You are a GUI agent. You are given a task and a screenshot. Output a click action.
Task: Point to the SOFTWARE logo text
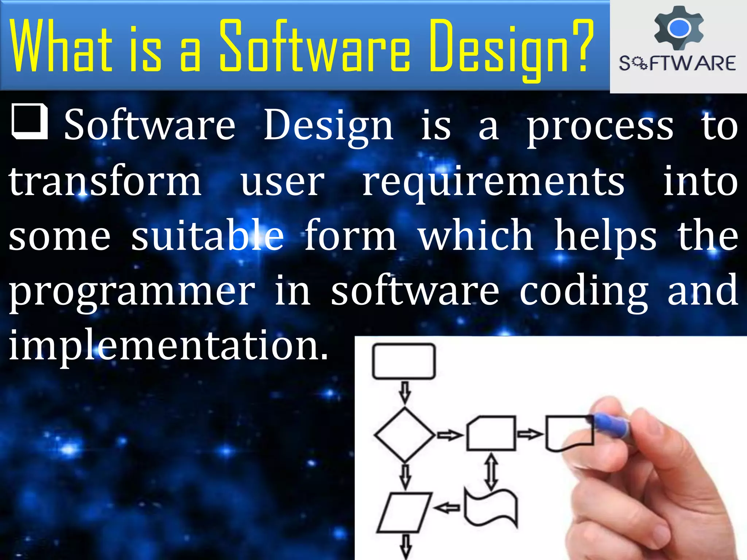(677, 63)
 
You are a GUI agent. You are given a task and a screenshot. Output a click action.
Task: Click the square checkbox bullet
(30, 122)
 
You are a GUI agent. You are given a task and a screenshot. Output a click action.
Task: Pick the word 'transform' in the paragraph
(105, 181)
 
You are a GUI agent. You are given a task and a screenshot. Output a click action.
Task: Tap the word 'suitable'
(207, 236)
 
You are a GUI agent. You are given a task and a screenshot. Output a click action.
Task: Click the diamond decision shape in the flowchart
(405, 435)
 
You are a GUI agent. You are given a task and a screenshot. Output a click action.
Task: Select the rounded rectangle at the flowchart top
(404, 361)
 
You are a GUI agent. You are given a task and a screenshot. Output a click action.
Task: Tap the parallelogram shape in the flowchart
(404, 512)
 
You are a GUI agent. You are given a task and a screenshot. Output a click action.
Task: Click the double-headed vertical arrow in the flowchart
(491, 471)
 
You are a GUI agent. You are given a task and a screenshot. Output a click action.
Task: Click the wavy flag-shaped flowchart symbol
(491, 507)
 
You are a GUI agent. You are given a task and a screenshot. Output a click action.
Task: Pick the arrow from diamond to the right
(450, 435)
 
